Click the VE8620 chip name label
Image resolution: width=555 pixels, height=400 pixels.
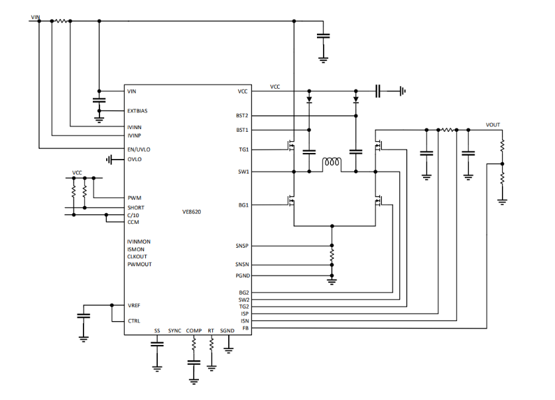coord(192,212)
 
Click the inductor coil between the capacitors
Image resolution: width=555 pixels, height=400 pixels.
coord(332,164)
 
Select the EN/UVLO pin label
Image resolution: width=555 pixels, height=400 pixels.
coord(139,149)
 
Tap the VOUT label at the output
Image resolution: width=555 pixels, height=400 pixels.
coord(493,125)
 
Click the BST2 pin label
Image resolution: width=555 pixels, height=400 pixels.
coord(242,115)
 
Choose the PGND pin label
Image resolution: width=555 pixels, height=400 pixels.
coord(241,275)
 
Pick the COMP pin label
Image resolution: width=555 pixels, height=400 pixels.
coord(194,330)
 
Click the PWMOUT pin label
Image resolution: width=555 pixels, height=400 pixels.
coord(139,264)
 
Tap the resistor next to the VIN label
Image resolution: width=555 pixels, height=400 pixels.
coord(60,21)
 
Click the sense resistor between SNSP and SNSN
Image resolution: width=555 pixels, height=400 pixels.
coord(332,254)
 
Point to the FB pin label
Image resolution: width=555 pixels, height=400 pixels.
coord(245,328)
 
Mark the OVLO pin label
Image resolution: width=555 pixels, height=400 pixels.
coord(134,159)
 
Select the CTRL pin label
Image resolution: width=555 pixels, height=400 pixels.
coord(134,321)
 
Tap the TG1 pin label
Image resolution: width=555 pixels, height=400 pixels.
coord(243,150)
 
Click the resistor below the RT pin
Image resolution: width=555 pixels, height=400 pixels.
coord(212,345)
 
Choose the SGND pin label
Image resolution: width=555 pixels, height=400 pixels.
coord(227,330)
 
